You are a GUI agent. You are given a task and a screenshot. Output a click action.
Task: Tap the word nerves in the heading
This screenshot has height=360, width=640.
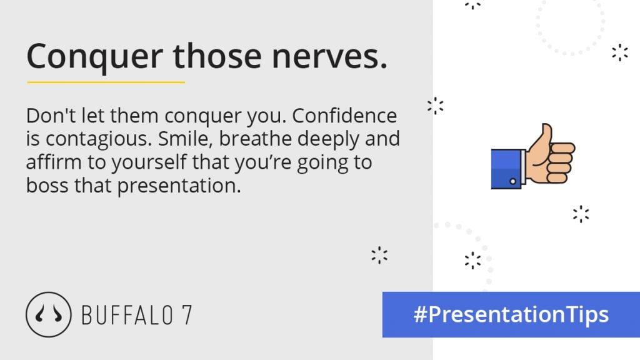coord(329,57)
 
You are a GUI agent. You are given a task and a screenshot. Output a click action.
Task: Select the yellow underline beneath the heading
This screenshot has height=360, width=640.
coord(106,82)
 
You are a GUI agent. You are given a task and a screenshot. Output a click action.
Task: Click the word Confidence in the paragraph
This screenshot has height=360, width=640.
coord(344,116)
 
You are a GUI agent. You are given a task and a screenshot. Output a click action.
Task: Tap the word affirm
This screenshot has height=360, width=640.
coord(54,162)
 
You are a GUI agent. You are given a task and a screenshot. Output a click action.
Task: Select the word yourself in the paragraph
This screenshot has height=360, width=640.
coord(149,163)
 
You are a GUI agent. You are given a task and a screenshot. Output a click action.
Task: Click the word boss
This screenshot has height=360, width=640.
coord(47,185)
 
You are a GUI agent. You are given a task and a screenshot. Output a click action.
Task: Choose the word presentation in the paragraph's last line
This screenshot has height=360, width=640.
coord(179,186)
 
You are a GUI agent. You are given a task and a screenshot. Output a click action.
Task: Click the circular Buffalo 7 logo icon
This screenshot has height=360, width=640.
coord(49,314)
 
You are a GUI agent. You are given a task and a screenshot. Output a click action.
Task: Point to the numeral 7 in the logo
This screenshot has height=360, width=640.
coord(187,315)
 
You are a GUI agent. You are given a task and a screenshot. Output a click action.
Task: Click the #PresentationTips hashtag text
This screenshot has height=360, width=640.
coord(511,314)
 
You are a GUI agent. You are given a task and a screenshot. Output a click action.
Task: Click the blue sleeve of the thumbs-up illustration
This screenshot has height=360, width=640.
coord(506,169)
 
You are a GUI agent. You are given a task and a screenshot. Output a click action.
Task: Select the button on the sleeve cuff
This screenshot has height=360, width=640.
coord(512,181)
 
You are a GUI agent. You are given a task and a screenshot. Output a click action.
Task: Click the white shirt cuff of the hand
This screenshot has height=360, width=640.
coord(524,166)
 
